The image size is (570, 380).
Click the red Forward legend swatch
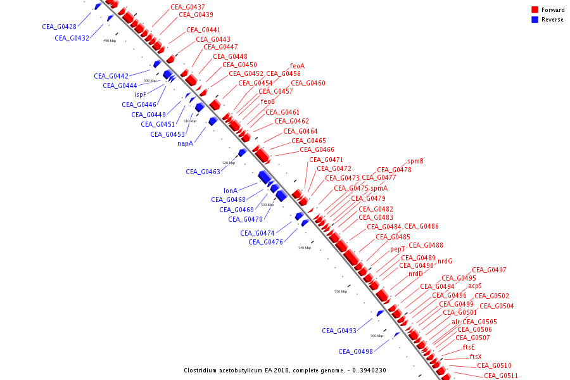coord(535,10)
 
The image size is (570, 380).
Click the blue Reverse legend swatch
coord(535,20)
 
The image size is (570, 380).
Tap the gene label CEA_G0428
coord(60,27)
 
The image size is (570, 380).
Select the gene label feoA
coord(297,66)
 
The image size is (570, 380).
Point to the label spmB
coord(415,161)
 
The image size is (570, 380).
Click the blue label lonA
coord(231,191)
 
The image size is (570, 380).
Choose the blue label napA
coord(185,143)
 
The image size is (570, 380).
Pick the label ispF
coord(140,94)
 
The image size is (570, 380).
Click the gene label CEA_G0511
coord(501,376)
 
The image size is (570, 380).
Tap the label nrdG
coord(445,261)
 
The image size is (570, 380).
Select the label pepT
coord(397,250)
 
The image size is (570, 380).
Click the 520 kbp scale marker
coord(229,163)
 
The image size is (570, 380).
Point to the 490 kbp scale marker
coord(110,41)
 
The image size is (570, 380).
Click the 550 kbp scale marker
coord(341,291)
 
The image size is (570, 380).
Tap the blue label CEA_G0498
coord(355,351)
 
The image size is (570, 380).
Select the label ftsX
coord(476,357)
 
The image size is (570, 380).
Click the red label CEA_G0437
coord(187,7)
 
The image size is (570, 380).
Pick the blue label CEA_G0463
coord(203,172)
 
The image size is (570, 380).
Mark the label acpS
coord(475,286)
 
